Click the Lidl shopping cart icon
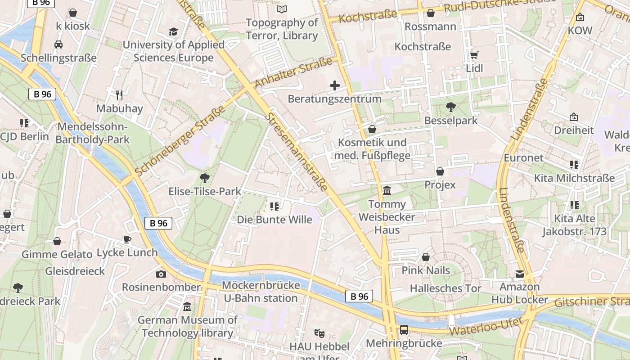[474, 55]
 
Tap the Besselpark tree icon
[450, 107]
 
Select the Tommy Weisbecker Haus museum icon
[387, 191]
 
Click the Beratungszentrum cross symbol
[335, 85]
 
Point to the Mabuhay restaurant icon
[119, 95]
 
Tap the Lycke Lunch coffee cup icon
[127, 239]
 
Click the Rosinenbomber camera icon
[161, 274]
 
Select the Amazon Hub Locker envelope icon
[520, 274]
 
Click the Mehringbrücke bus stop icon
[404, 330]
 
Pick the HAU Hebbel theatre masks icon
[319, 333]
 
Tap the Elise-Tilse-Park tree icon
[205, 178]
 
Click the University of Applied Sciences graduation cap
[173, 31]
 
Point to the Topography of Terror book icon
[282, 9]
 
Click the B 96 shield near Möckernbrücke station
[359, 296]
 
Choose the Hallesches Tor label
[445, 288]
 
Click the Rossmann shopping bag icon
[431, 13]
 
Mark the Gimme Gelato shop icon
[57, 241]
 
